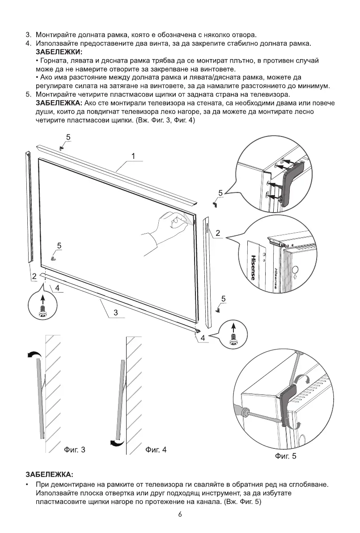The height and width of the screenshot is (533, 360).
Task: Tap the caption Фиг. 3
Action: tap(73, 449)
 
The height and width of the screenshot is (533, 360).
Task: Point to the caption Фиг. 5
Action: tap(285, 456)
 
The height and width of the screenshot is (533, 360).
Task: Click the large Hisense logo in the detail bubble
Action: tap(253, 267)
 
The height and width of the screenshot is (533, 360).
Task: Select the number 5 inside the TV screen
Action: tap(59, 245)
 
